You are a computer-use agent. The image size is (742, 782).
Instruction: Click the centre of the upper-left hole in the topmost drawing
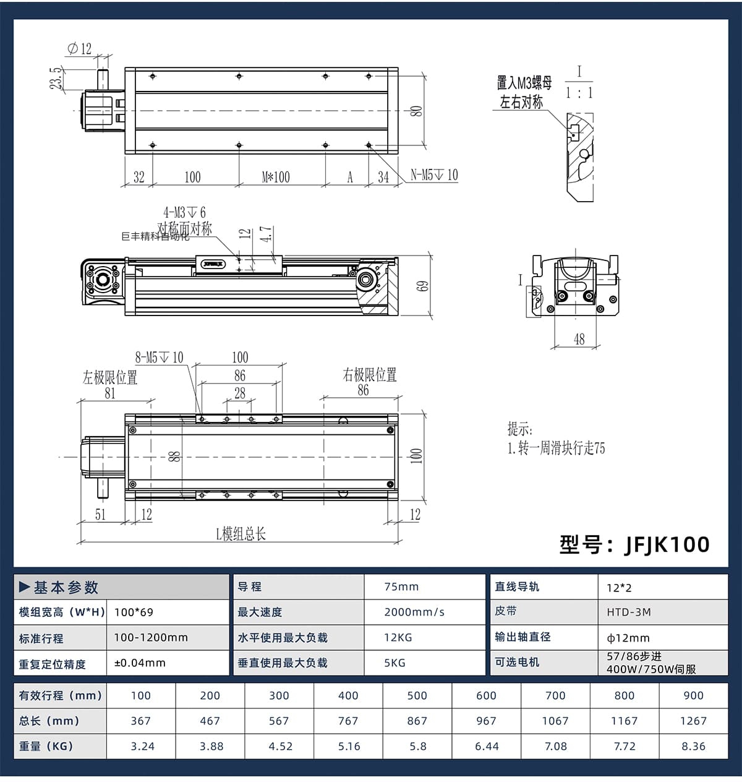[153, 76]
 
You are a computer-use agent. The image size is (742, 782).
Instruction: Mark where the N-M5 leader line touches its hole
[369, 145]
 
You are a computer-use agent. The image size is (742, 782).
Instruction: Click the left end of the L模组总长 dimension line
[81, 541]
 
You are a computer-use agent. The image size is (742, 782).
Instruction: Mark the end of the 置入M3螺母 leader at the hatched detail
[567, 130]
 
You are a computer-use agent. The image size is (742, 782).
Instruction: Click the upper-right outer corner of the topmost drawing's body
[398, 67]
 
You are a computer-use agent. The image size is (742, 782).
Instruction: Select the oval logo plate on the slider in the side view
[214, 264]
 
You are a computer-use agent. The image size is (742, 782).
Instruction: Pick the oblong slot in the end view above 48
[575, 286]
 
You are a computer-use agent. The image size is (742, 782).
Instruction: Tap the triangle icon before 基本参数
[24, 586]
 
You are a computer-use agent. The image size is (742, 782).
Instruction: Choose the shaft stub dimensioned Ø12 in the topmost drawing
[103, 80]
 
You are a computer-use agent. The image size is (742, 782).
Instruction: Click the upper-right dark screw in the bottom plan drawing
[390, 430]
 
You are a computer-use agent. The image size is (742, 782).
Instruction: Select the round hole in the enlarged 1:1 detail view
[584, 154]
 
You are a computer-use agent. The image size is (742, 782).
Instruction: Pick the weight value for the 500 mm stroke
[417, 746]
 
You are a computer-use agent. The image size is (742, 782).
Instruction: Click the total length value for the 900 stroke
[693, 721]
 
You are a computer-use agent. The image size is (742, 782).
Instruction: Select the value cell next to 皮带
[663, 612]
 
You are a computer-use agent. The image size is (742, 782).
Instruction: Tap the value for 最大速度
[414, 612]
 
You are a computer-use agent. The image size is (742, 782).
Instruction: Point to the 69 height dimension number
[423, 286]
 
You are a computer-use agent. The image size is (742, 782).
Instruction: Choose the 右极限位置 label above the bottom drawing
[369, 375]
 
